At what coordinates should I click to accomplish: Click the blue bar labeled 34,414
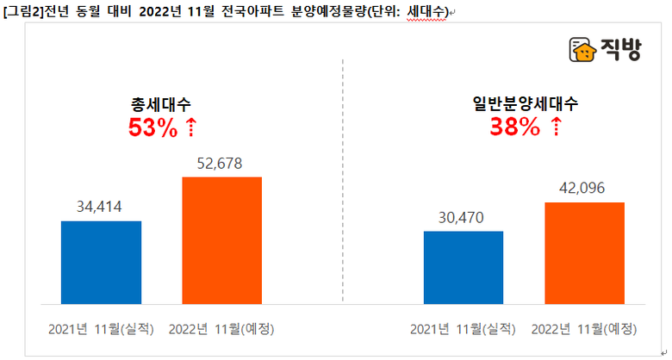point(101,262)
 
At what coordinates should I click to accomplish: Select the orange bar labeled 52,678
point(221,240)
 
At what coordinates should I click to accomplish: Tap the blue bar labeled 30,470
point(464,267)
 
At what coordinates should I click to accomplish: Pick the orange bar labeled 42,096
point(584,252)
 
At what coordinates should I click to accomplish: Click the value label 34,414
point(101,206)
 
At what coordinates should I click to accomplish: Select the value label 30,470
point(464,217)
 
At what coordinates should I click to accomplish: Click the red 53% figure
point(152,128)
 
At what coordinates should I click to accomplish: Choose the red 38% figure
point(514,128)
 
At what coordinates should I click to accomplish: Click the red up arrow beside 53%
point(191,128)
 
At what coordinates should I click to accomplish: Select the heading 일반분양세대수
point(525,105)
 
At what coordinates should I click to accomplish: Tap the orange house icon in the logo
point(583,50)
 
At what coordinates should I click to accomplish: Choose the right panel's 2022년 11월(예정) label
point(584,329)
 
